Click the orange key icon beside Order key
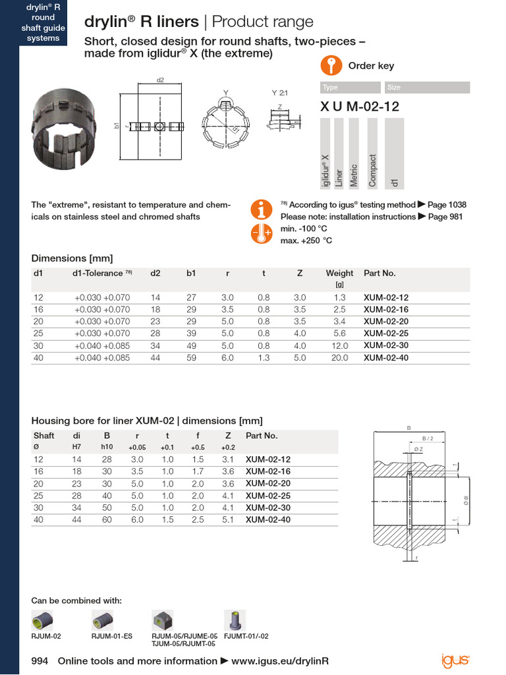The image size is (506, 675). (331, 66)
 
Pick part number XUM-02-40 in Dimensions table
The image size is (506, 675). (386, 358)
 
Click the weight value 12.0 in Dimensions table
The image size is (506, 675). (339, 345)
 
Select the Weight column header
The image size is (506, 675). (339, 273)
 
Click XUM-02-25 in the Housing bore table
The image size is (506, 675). (267, 496)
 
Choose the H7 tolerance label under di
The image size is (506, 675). (76, 446)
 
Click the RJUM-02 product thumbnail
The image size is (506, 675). (44, 620)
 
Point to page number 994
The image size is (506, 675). (40, 660)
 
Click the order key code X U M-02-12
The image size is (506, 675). (360, 106)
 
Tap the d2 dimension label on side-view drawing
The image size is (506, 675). (160, 80)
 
